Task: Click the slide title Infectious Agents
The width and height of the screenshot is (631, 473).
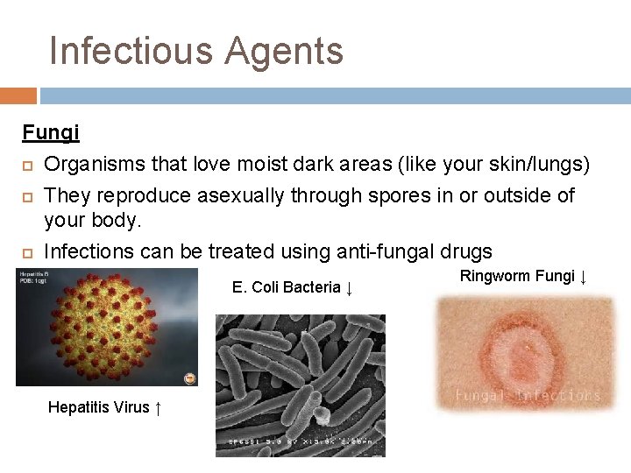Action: tap(196, 51)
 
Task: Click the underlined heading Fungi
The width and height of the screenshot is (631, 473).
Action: tap(51, 133)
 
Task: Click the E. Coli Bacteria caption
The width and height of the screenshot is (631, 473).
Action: tap(286, 287)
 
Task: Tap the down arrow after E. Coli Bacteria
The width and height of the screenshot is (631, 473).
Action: tap(349, 287)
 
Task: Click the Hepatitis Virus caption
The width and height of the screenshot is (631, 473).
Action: tap(98, 407)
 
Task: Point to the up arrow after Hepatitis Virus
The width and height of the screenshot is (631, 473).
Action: tap(157, 407)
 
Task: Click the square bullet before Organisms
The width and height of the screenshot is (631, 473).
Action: tap(27, 166)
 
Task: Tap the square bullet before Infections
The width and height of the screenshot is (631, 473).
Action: tap(27, 253)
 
